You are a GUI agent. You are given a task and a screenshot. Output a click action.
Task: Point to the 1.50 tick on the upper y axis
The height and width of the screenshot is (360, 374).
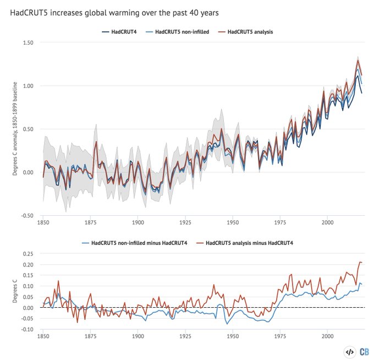point(28,43)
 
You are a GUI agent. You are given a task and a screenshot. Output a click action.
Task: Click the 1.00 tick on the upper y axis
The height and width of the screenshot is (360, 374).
point(28,86)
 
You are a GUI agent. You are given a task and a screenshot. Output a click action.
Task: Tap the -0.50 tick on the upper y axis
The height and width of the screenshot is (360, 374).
point(27,215)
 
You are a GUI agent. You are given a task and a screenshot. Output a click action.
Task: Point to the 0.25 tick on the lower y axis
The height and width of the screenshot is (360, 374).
point(28,254)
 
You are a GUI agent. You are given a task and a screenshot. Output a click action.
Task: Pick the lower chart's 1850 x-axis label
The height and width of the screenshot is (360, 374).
point(43,336)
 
